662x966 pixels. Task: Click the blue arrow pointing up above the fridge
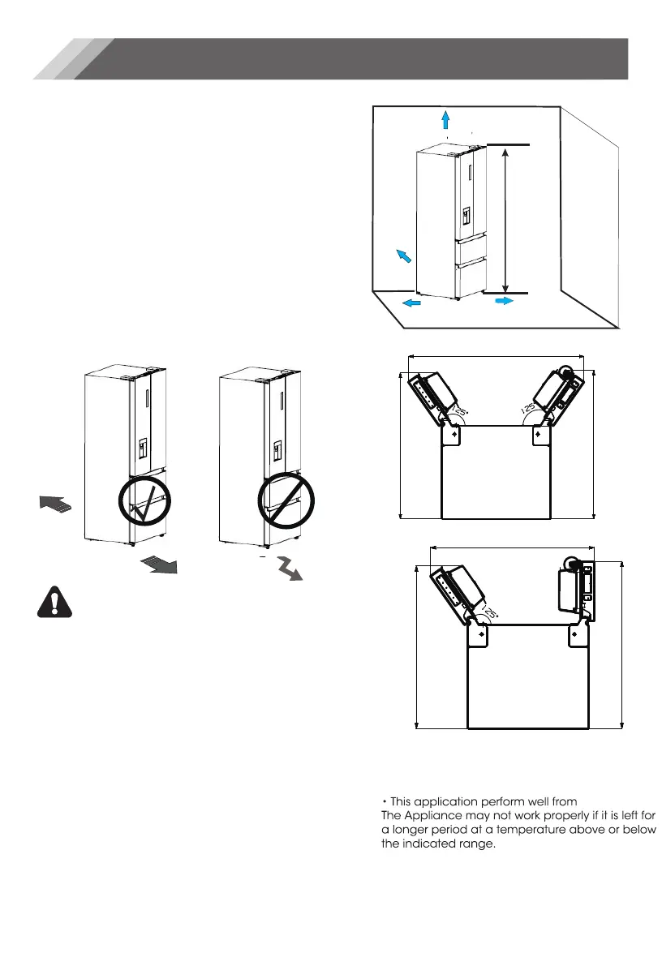(445, 120)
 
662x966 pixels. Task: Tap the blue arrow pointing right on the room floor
(504, 300)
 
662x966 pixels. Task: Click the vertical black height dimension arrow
(507, 218)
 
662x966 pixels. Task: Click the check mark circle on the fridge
(146, 503)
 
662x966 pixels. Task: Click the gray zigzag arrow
(290, 568)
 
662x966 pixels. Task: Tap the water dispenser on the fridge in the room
(466, 216)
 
